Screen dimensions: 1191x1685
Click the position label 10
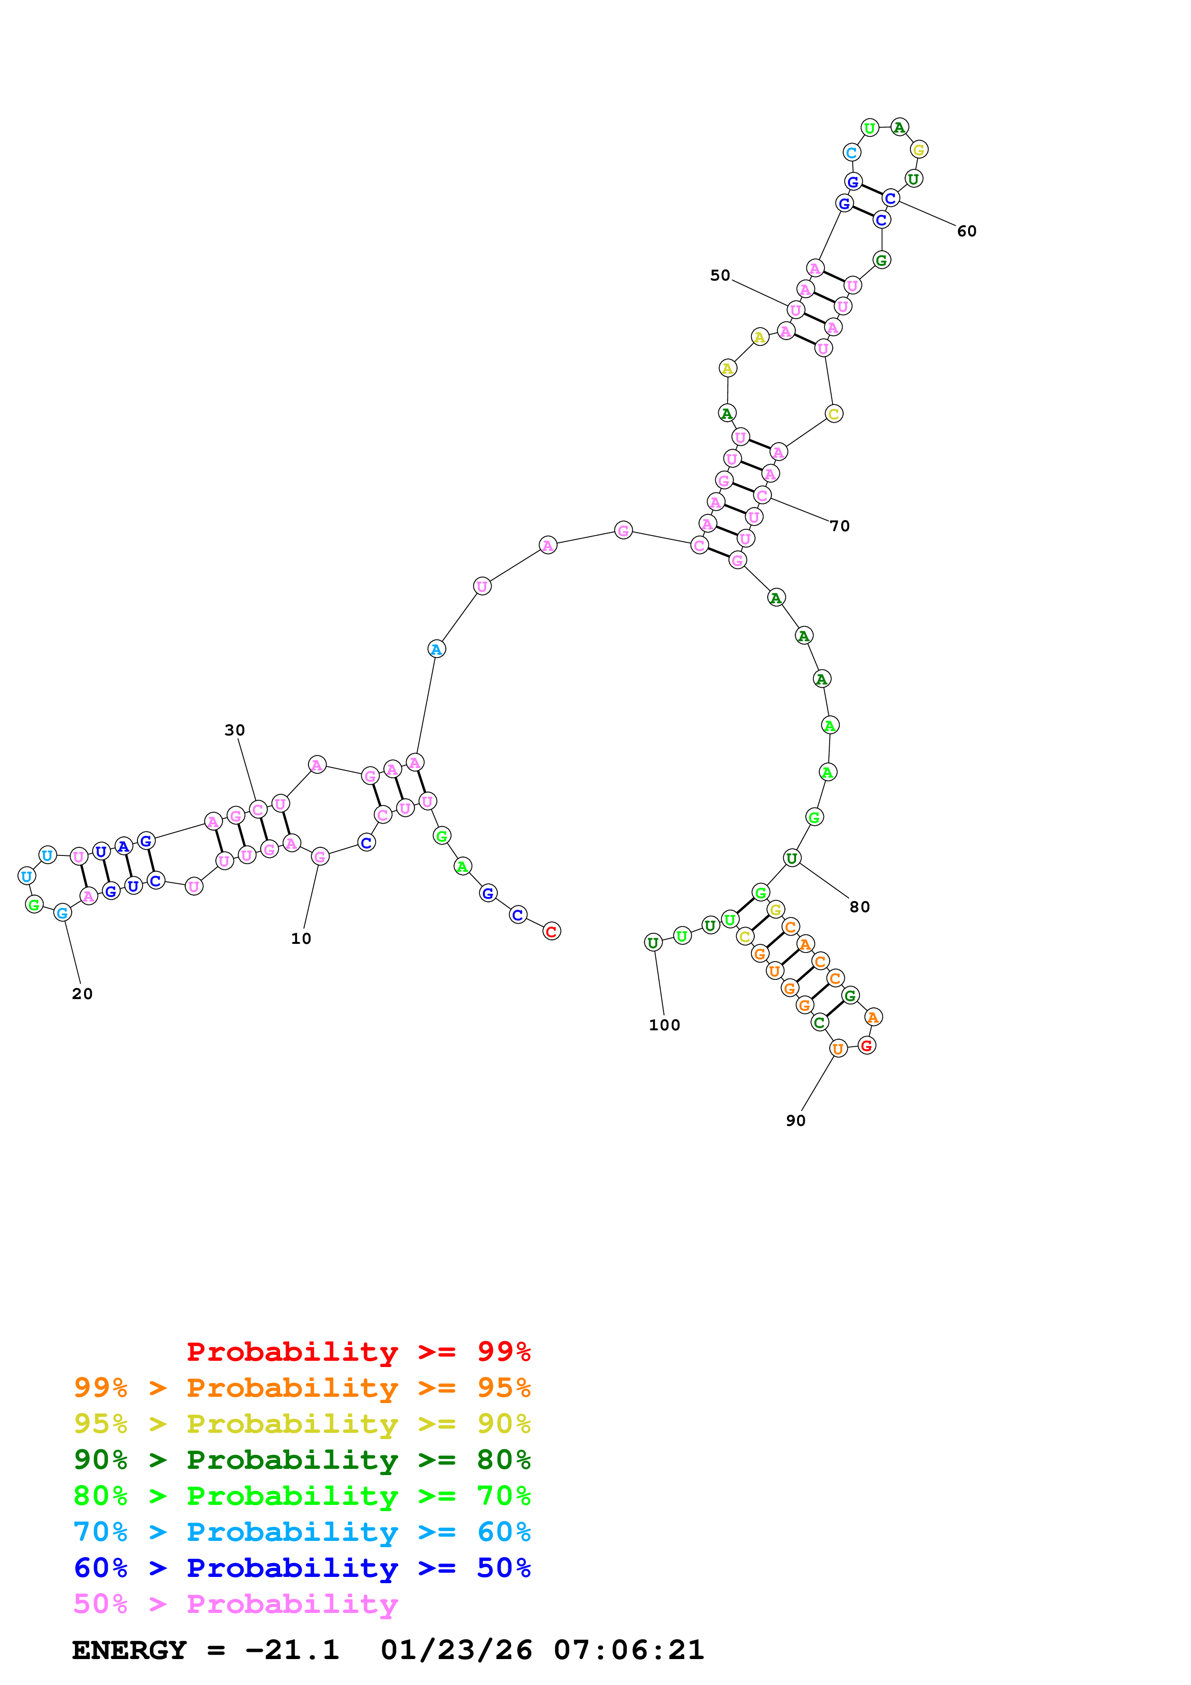coord(301,939)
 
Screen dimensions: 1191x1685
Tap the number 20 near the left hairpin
coord(82,994)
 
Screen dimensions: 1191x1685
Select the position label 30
coord(235,730)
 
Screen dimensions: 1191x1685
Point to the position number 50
coord(720,275)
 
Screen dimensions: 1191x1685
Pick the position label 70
coord(839,526)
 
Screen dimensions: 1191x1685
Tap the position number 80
coord(859,907)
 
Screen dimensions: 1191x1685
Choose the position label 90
coord(796,1121)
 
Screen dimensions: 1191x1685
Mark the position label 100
coord(664,1025)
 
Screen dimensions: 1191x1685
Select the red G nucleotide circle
coord(867,1046)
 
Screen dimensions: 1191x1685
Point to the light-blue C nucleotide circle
coord(851,153)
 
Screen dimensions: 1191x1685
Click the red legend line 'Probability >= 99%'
coord(358,1352)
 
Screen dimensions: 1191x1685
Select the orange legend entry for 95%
coord(302,1388)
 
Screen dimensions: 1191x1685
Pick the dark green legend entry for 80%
coord(302,1460)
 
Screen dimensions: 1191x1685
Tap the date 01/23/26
coord(456,1650)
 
